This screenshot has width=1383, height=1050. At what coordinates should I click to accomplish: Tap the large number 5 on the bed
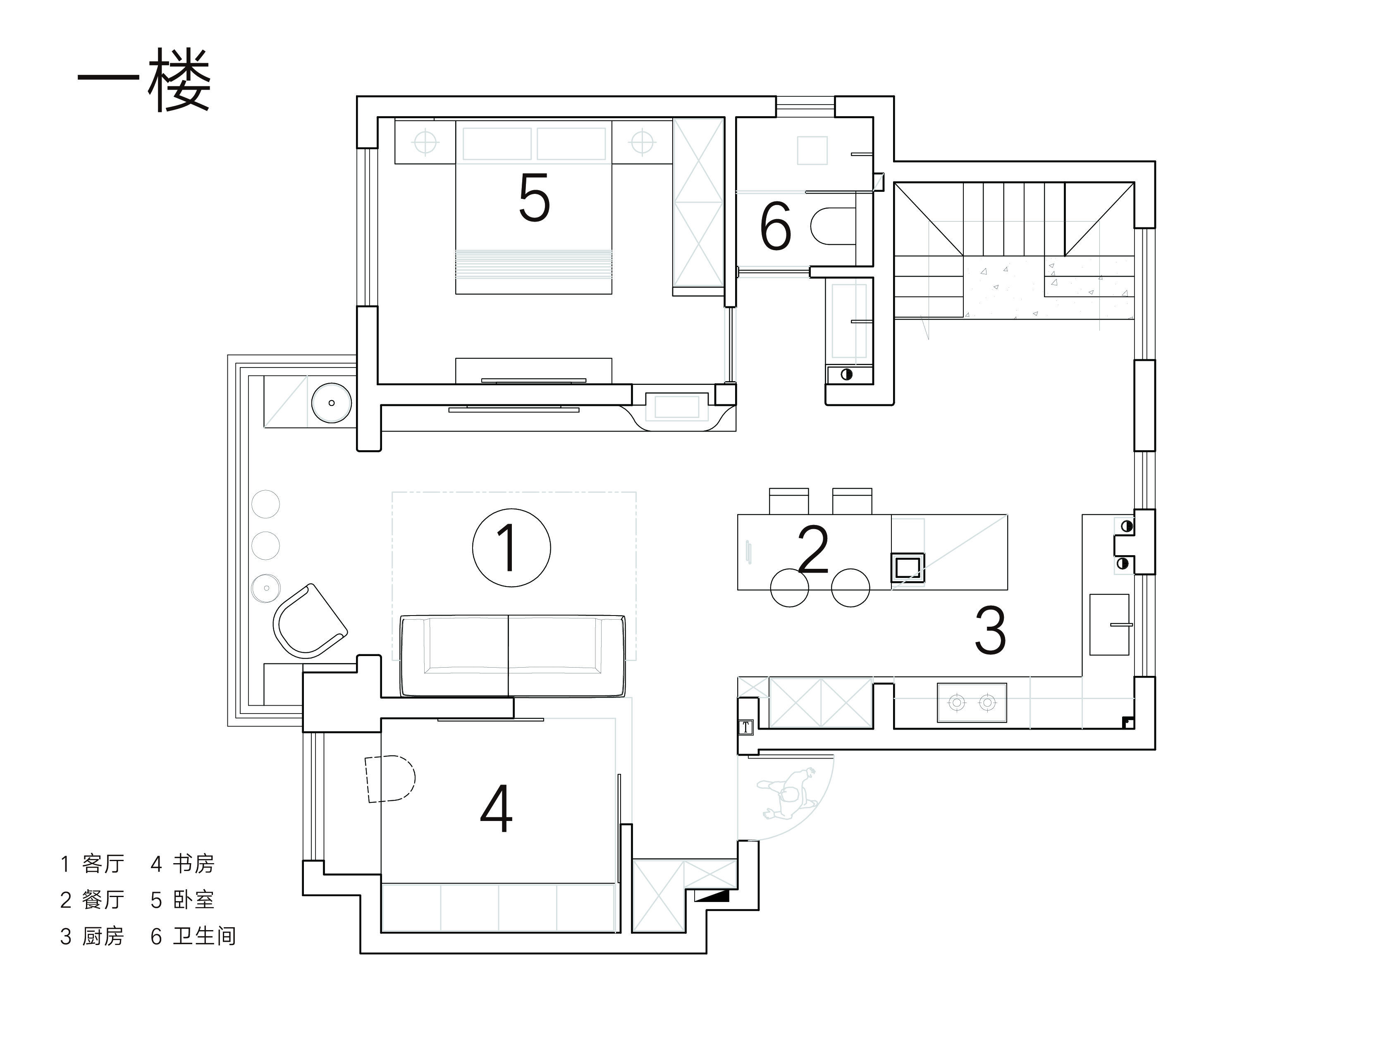(x=535, y=198)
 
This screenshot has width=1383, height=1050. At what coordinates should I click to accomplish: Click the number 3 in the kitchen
(x=990, y=629)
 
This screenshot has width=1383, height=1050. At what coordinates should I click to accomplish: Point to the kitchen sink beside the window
(x=1109, y=624)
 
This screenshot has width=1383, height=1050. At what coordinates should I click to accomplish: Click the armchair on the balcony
(x=310, y=620)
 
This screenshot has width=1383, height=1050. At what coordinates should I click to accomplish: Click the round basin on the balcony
(x=331, y=403)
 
